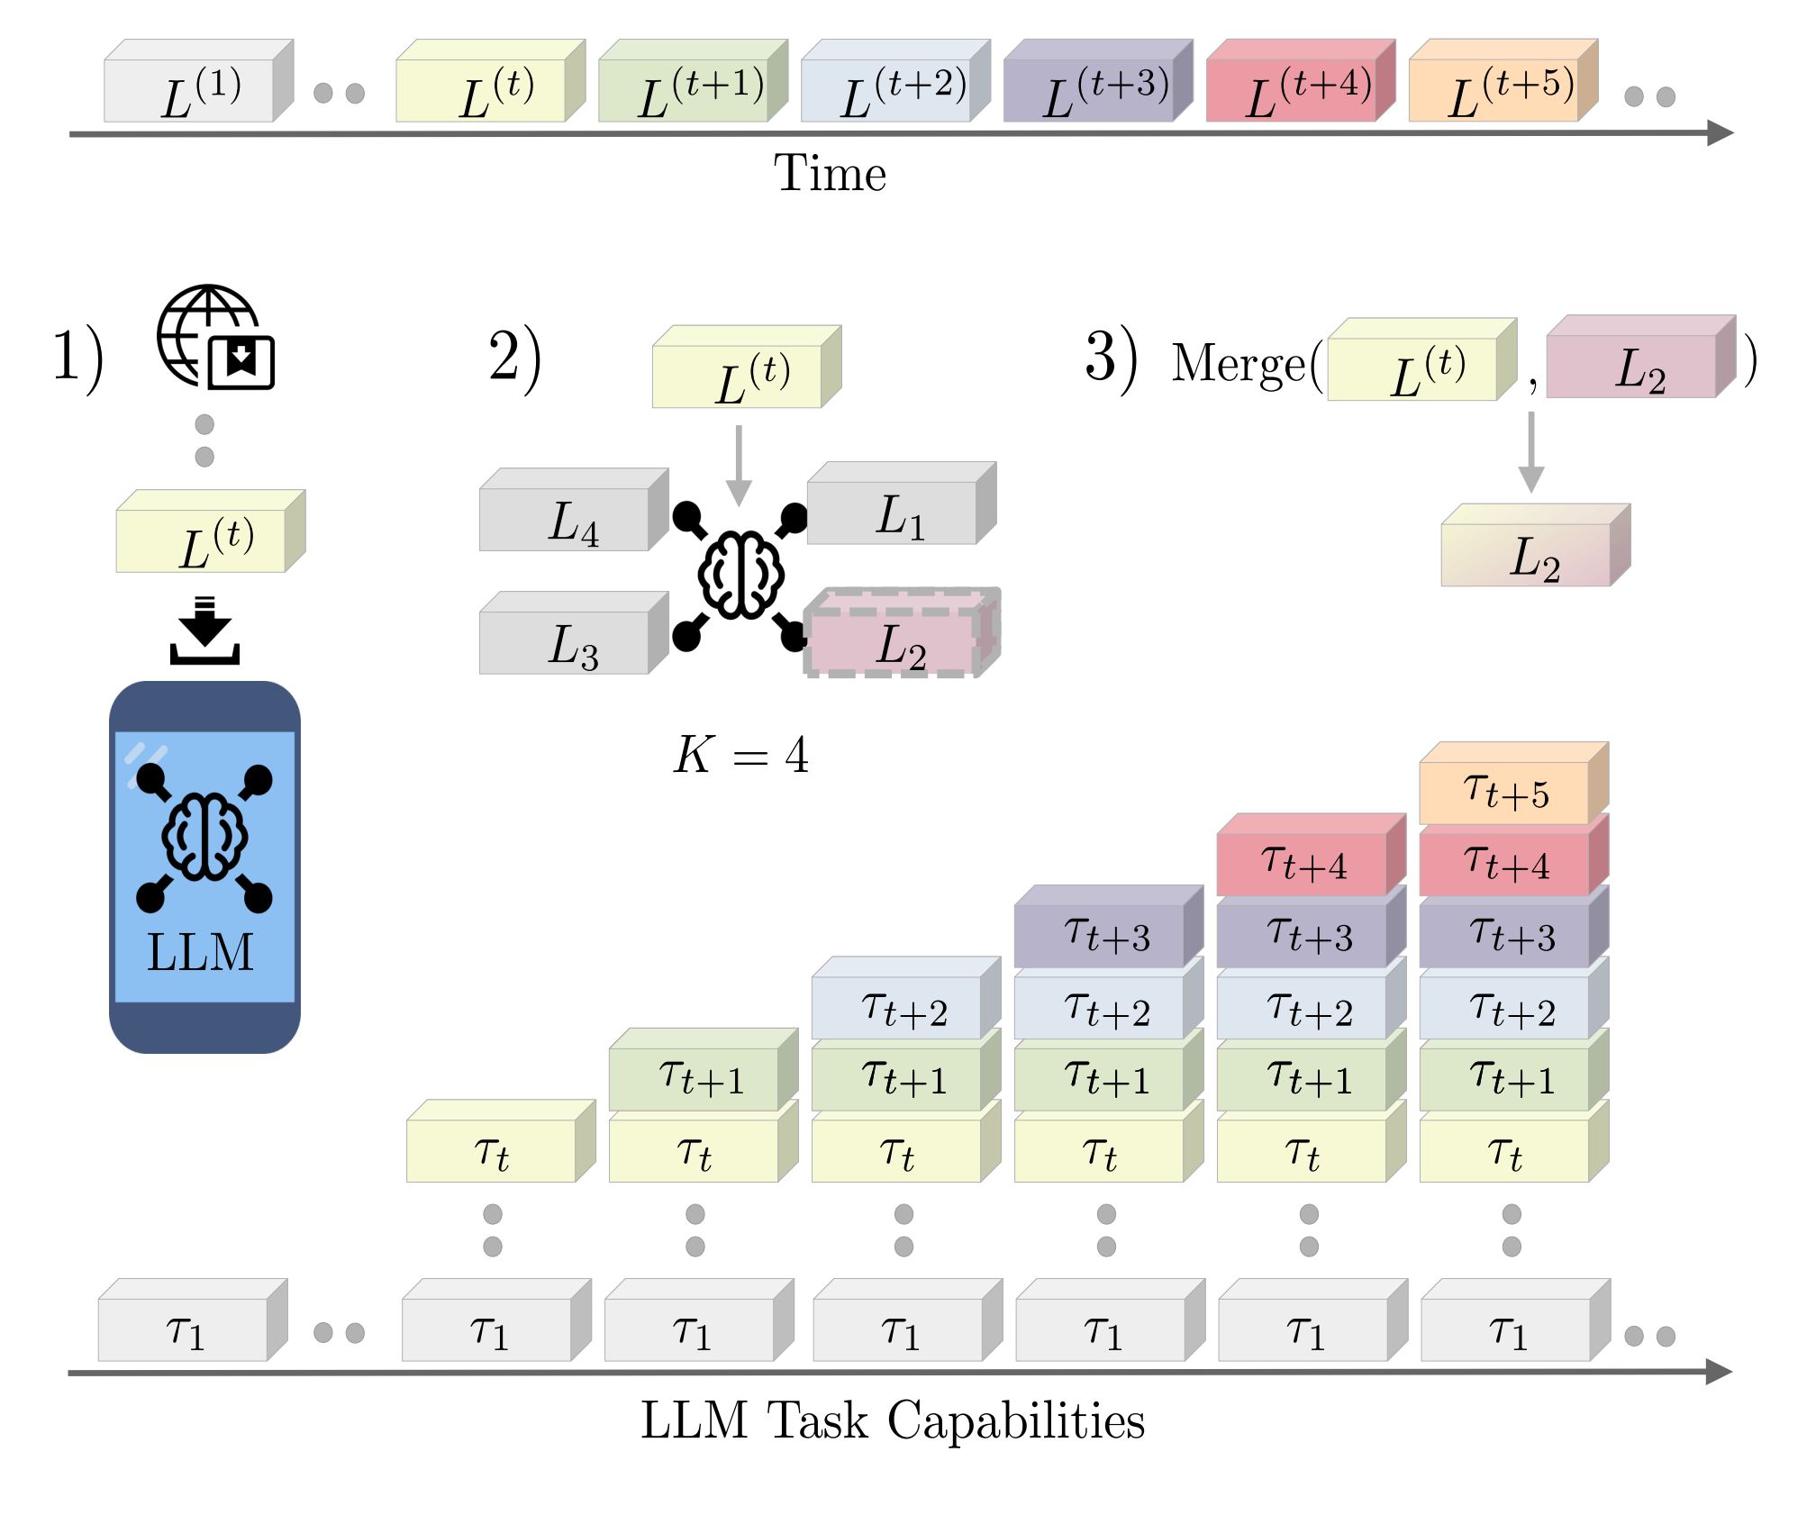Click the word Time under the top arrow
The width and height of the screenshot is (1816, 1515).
[x=830, y=173]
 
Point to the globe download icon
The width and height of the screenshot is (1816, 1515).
[x=215, y=338]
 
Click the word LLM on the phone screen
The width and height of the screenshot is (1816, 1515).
[x=200, y=953]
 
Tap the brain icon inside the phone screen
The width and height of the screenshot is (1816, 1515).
[x=204, y=836]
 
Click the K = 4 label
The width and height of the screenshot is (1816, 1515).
[x=740, y=755]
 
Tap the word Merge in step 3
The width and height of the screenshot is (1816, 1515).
[x=1239, y=365]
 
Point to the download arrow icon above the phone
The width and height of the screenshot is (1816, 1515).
[x=204, y=630]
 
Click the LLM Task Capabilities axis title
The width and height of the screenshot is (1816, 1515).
[x=892, y=1421]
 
